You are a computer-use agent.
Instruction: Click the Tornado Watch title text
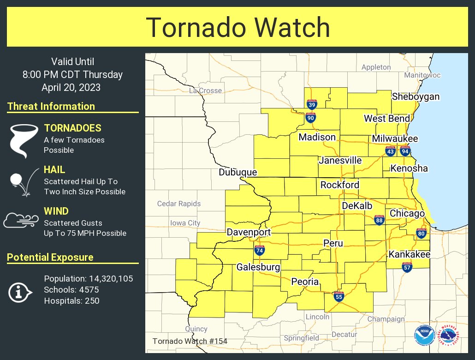pos(238,28)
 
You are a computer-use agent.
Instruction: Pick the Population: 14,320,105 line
pos(89,279)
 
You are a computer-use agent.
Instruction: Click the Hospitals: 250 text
pos(71,301)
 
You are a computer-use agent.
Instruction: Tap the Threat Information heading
pos(51,107)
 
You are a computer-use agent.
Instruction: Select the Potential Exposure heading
pos(50,258)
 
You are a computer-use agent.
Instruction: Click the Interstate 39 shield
pos(312,104)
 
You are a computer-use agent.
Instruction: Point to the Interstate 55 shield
pos(339,296)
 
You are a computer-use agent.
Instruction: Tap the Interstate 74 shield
pos(260,250)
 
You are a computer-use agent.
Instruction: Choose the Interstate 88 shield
pos(379,221)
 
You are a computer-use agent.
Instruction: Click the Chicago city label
pos(407,213)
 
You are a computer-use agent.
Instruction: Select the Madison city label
pos(317,137)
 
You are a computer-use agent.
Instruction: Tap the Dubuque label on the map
pos(237,172)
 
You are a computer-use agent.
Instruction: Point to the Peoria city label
pos(304,282)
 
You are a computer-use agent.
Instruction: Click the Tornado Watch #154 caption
pos(190,342)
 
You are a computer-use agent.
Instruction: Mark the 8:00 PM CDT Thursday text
pos(72,74)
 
